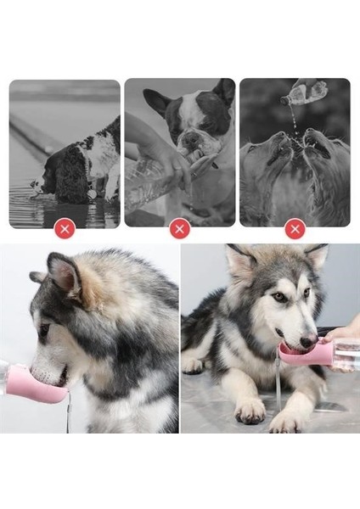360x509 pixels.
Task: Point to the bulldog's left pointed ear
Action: click(x=156, y=101)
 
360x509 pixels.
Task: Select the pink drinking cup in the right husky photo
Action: click(x=301, y=353)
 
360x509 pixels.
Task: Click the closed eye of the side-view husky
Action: click(x=42, y=329)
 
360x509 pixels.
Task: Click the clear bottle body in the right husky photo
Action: click(x=346, y=353)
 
